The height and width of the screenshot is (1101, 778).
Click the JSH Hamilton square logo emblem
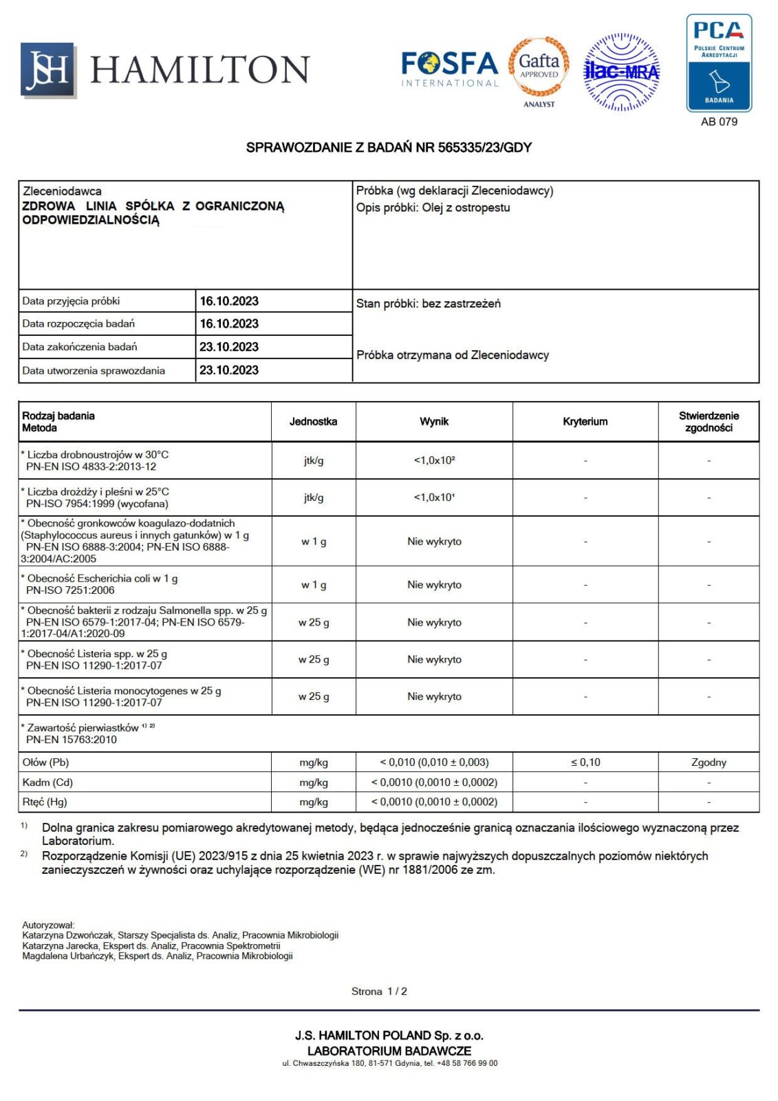47,70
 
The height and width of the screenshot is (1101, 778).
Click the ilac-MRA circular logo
621,72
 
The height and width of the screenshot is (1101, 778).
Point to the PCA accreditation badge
719,63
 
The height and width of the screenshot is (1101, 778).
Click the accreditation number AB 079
719,122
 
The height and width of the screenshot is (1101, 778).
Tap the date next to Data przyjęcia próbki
229,301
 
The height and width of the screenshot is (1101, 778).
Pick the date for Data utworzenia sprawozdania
229,370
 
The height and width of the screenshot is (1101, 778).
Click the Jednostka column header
313,422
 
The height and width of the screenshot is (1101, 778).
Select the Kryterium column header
585,422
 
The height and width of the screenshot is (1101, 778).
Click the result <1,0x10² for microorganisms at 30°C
434,460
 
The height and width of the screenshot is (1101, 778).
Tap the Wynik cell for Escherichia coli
434,585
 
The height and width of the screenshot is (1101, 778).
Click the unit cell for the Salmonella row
313,623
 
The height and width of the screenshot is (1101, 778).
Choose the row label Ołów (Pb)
45,762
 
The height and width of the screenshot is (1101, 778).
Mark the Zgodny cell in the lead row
709,762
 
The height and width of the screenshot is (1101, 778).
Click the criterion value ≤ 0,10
585,762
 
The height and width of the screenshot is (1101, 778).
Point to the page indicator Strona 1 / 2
379,992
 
